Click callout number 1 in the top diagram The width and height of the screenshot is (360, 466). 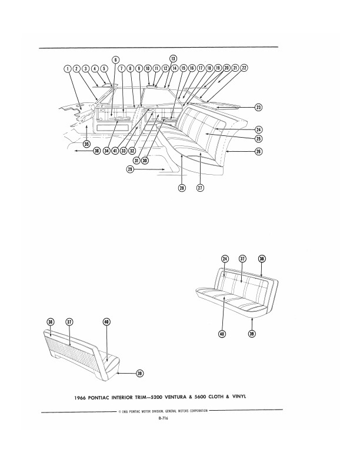click(x=69, y=68)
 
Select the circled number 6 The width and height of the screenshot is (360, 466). click(x=115, y=59)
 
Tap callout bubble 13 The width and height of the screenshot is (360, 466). click(x=173, y=59)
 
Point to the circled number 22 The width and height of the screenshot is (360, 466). click(x=244, y=68)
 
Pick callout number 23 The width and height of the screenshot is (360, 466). click(x=258, y=108)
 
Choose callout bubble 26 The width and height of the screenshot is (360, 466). click(x=258, y=151)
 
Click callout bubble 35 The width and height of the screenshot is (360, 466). click(x=86, y=144)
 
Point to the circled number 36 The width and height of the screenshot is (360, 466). click(x=96, y=151)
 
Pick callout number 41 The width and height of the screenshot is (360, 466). click(x=115, y=151)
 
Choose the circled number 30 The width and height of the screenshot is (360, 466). click(x=145, y=161)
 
